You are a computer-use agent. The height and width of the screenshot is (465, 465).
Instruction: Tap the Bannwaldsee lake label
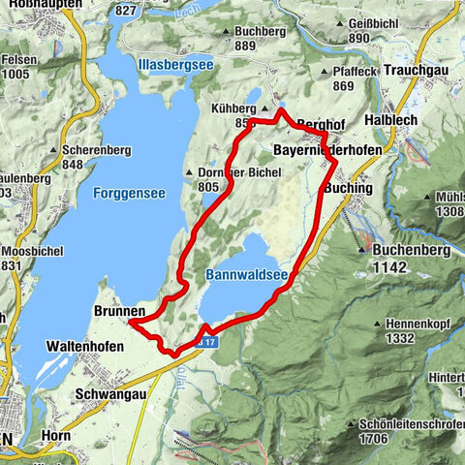pos(247,276)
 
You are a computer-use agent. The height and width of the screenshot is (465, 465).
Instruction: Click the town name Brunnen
pos(120,311)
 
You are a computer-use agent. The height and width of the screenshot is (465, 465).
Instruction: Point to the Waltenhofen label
pos(86,345)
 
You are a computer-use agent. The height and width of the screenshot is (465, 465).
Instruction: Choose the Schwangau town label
pos(110,394)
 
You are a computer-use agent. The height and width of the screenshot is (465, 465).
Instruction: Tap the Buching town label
pos(351,186)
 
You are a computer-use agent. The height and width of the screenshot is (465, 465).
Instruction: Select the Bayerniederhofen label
pos(327,152)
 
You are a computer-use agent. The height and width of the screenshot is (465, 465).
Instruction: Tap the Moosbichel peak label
pos(39,250)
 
